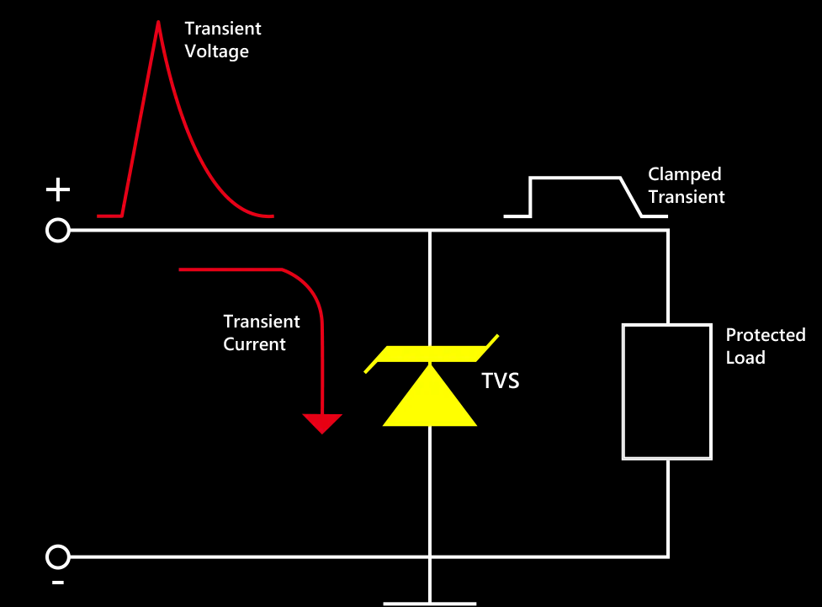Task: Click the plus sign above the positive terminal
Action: pos(57,190)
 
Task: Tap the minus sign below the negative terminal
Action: pos(57,583)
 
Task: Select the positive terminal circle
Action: pos(57,229)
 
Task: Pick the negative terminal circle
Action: pos(57,556)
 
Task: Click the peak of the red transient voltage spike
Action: pos(157,22)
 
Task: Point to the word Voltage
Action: pos(216,51)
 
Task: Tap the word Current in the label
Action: pos(254,344)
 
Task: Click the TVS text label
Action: pos(500,381)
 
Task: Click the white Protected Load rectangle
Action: pos(667,391)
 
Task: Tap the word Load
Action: pos(745,358)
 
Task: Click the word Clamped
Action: pos(684,174)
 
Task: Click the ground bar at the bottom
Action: pos(430,603)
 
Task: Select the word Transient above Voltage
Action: pos(223,29)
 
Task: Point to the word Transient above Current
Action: pos(262,322)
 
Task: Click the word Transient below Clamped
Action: pos(686,197)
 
